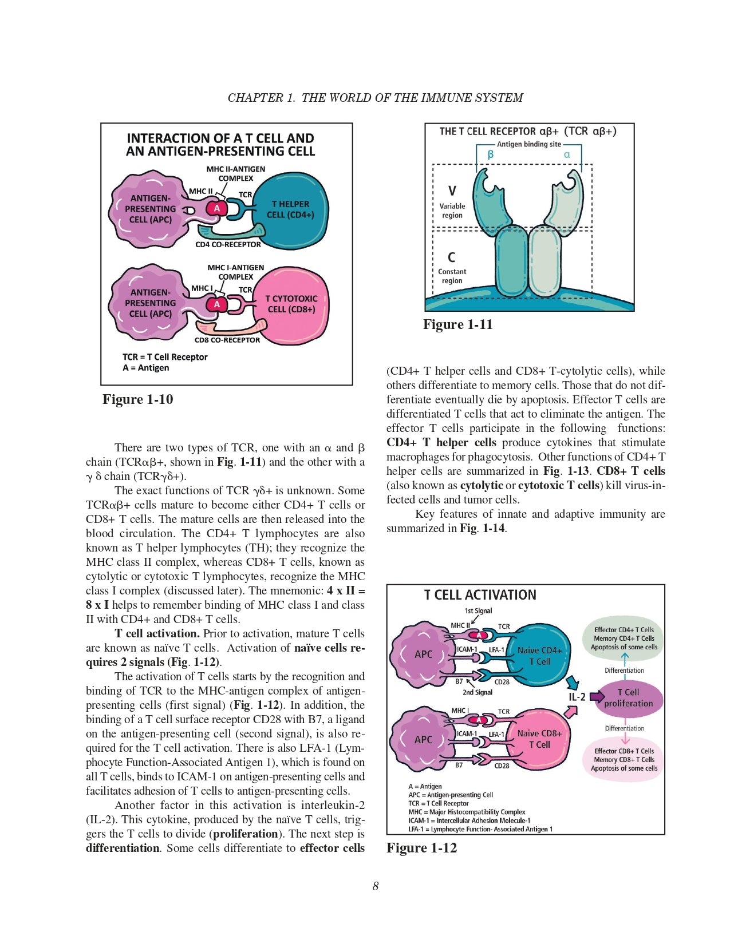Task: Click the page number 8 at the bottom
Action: pos(375,886)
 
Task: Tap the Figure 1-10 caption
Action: pos(137,399)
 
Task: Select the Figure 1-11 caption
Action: pos(457,324)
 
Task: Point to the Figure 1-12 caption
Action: pos(421,848)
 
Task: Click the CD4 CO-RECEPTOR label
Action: pos(228,245)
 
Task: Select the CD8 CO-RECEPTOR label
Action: pos(227,340)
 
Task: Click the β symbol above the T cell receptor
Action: pos(491,154)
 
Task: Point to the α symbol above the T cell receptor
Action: pos(567,154)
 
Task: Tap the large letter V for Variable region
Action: pos(452,191)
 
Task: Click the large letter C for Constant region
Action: pos(452,257)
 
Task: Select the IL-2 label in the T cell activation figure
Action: pos(577,697)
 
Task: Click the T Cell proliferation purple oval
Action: pos(628,698)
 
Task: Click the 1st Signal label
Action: pos(478,611)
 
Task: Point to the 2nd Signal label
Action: pos(478,692)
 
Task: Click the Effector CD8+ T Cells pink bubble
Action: pos(624,759)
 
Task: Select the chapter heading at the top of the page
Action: pos(375,98)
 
